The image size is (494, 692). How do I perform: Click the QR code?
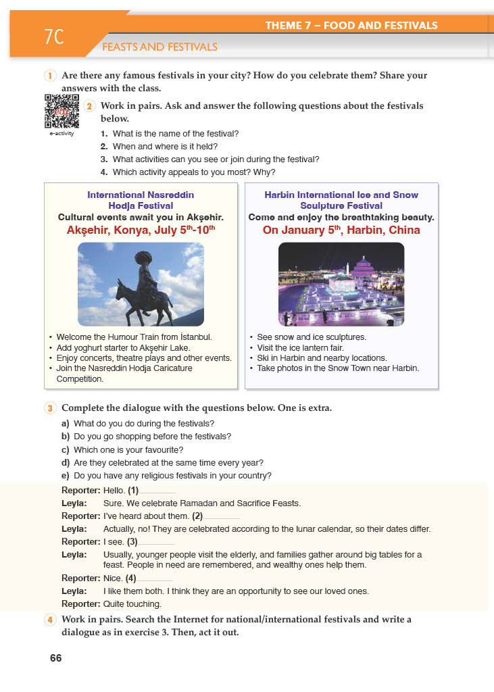[61, 111]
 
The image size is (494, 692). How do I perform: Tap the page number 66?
[55, 658]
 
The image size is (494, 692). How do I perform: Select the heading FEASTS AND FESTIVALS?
[159, 47]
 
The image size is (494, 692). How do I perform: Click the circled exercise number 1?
[50, 76]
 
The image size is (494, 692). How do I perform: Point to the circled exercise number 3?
[50, 408]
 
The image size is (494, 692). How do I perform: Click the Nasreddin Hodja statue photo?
[141, 285]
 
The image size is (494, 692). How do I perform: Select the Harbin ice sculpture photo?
[341, 285]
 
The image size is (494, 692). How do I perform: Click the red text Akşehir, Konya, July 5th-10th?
[141, 230]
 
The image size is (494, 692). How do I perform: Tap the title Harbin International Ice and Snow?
[341, 195]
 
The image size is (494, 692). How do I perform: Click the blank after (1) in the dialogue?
[157, 492]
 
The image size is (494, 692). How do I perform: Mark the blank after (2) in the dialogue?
[222, 518]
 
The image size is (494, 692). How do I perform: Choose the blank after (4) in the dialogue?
[155, 580]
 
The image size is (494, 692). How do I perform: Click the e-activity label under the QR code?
[61, 133]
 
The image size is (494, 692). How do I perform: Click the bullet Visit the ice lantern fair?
[297, 347]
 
